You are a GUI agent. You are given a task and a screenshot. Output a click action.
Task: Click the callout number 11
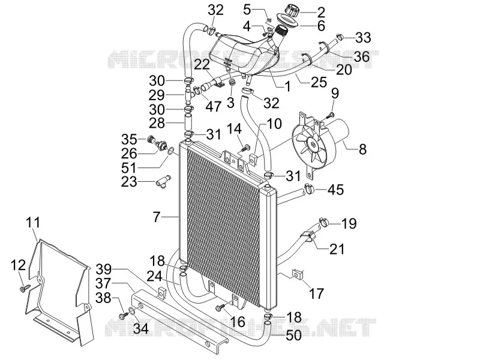pyautogui.click(x=33, y=222)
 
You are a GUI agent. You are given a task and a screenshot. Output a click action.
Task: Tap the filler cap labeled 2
pyautogui.click(x=292, y=11)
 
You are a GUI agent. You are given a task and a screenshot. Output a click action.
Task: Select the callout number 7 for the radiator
pyautogui.click(x=157, y=217)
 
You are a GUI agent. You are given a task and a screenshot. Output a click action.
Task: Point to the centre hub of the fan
pyautogui.click(x=313, y=145)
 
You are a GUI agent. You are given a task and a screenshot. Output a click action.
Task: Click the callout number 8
pyautogui.click(x=362, y=149)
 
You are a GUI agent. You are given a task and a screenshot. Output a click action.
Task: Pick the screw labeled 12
pyautogui.click(x=25, y=288)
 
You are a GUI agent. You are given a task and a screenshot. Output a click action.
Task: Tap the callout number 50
pyautogui.click(x=293, y=335)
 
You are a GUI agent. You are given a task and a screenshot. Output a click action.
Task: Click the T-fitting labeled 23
pyautogui.click(x=163, y=181)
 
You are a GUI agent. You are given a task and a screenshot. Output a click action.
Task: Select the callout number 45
pyautogui.click(x=336, y=190)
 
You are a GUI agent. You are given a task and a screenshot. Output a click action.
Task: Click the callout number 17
pyautogui.click(x=316, y=293)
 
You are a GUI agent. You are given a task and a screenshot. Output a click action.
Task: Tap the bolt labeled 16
pyautogui.click(x=221, y=307)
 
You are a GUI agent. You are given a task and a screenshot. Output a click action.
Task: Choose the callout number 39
pyautogui.click(x=104, y=269)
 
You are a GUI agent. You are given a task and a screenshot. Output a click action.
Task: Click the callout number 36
pyautogui.click(x=362, y=56)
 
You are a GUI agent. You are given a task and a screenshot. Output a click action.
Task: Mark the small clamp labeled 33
pyautogui.click(x=340, y=37)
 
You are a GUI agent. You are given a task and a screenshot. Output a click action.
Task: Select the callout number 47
pyautogui.click(x=213, y=106)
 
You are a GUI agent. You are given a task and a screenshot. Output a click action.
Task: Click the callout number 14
pyautogui.click(x=234, y=128)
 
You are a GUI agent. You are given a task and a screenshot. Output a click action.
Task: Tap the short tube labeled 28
pyautogui.click(x=189, y=122)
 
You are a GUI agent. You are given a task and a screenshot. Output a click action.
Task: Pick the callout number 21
pyautogui.click(x=337, y=249)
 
